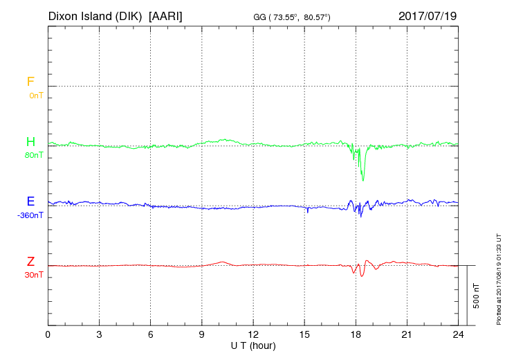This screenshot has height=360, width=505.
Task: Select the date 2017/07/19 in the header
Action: tap(428, 15)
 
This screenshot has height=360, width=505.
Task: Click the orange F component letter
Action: tap(30, 82)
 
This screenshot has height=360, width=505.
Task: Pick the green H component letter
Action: tap(30, 142)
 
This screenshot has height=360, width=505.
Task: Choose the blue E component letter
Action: tap(30, 201)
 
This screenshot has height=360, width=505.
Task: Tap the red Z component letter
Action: tap(30, 261)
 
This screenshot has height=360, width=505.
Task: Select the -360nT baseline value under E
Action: tap(31, 215)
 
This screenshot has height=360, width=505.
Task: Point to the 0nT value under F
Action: tap(35, 95)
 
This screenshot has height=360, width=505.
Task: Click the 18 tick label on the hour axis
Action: tap(356, 334)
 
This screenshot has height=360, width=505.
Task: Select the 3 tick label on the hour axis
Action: tap(99, 334)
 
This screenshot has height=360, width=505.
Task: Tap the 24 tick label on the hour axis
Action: tap(458, 334)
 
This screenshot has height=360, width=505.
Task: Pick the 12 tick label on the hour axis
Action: tap(253, 334)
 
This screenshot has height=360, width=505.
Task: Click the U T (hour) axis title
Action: tap(253, 345)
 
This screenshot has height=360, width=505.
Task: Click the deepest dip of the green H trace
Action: tap(363, 180)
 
